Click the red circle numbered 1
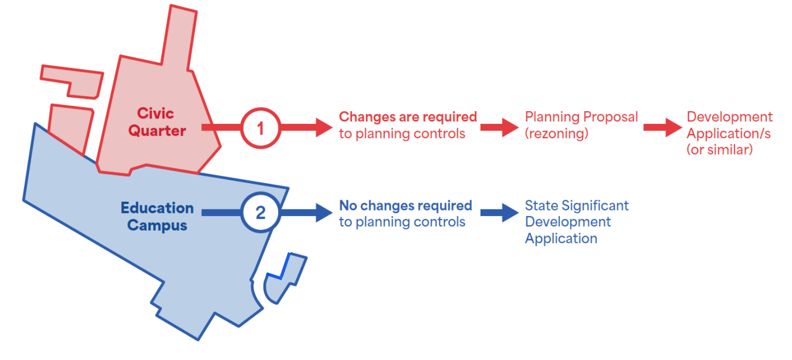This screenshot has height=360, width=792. (260, 128)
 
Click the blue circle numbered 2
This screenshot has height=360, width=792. (260, 213)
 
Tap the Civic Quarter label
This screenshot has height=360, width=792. (156, 122)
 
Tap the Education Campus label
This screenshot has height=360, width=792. (157, 216)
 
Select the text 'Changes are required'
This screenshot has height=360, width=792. (408, 117)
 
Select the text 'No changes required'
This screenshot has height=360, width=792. (405, 206)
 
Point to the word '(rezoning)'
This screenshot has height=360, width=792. (556, 134)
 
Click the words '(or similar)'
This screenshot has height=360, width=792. (719, 151)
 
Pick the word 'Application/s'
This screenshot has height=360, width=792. (728, 134)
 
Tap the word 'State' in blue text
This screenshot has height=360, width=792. (541, 206)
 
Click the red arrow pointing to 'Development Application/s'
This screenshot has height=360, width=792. (662, 128)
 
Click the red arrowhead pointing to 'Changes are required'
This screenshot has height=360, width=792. (324, 128)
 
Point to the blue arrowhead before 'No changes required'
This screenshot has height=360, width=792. (324, 213)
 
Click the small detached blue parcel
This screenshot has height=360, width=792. (285, 279)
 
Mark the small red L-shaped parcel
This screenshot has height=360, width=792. (72, 80)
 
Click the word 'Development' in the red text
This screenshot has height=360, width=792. (730, 117)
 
